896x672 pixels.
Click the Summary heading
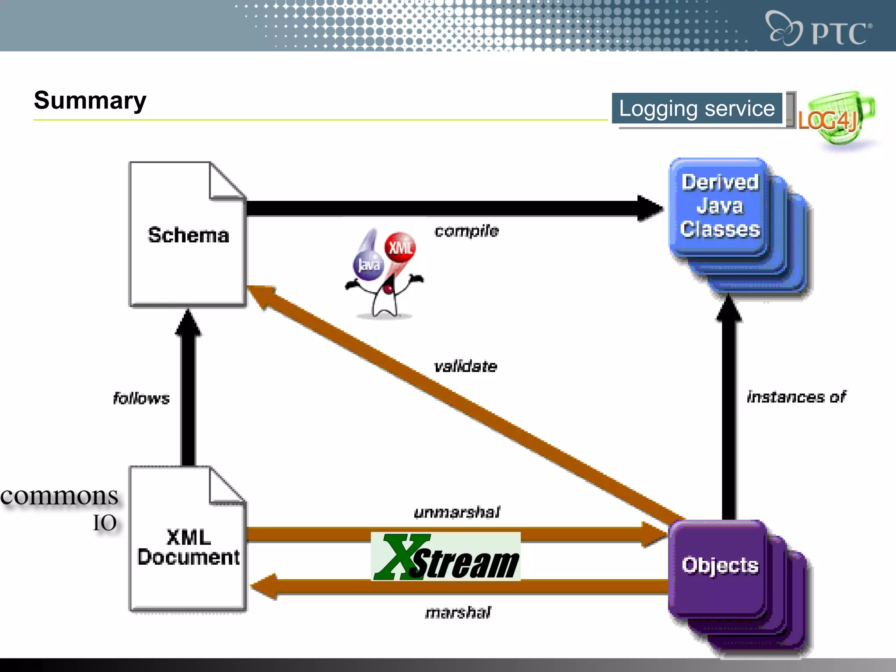pos(90,101)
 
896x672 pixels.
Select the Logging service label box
pos(696,108)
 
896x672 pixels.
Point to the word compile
pos(466,231)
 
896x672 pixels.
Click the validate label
pos(465,366)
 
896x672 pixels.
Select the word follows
pos(141,398)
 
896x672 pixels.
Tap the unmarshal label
pos(457,512)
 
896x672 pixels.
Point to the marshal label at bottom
pos(458,612)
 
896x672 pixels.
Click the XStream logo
pos(445,557)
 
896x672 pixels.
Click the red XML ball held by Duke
pos(400,247)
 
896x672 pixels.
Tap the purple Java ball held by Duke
pos(368,265)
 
